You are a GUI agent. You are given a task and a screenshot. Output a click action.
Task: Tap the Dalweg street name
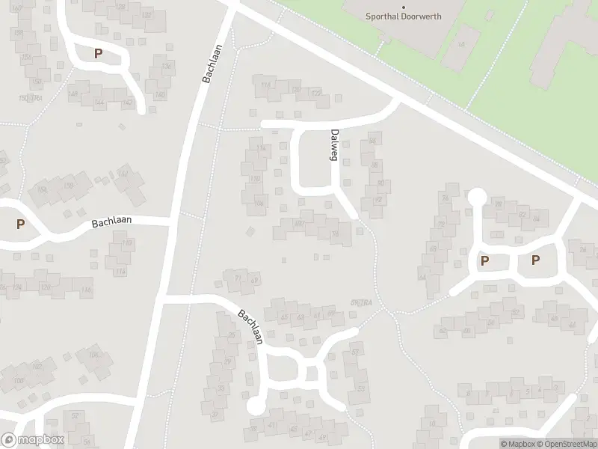(334, 144)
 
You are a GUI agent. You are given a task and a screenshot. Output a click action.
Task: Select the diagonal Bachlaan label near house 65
(250, 328)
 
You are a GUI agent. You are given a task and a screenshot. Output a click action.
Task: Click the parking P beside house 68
(485, 261)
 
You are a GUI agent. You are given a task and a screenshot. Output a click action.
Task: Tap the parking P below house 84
(535, 260)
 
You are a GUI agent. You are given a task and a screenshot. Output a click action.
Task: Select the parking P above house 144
(98, 54)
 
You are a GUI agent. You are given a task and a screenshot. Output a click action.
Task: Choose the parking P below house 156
(20, 224)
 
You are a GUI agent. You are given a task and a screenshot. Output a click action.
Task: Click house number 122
(316, 94)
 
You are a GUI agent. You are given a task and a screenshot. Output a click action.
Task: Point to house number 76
(446, 198)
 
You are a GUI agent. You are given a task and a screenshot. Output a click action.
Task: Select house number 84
(536, 218)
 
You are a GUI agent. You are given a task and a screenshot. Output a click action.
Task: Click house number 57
(355, 352)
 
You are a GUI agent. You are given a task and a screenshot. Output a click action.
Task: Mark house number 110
(126, 244)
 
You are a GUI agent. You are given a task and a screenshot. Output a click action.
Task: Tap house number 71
(238, 278)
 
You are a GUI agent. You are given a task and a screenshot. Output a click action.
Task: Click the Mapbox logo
(33, 440)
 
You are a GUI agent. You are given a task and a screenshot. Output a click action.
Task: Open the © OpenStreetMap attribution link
(566, 444)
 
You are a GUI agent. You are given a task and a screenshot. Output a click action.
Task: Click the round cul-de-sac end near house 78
(477, 198)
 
